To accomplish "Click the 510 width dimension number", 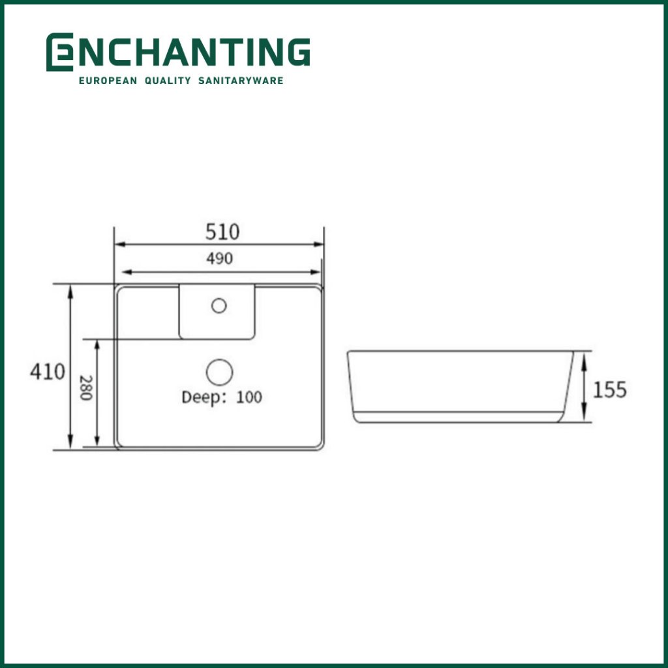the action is click(x=222, y=232).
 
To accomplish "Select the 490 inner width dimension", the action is click(x=219, y=258).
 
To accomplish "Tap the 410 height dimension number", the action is click(x=47, y=371).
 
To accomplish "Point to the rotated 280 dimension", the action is click(x=85, y=387).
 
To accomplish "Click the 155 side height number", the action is click(x=610, y=390).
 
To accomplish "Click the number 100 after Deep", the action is click(x=249, y=397).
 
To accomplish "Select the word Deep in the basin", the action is click(x=202, y=397).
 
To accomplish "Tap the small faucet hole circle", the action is click(x=219, y=305).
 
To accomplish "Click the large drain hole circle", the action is click(x=219, y=372).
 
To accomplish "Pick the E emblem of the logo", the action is click(x=59, y=52).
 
